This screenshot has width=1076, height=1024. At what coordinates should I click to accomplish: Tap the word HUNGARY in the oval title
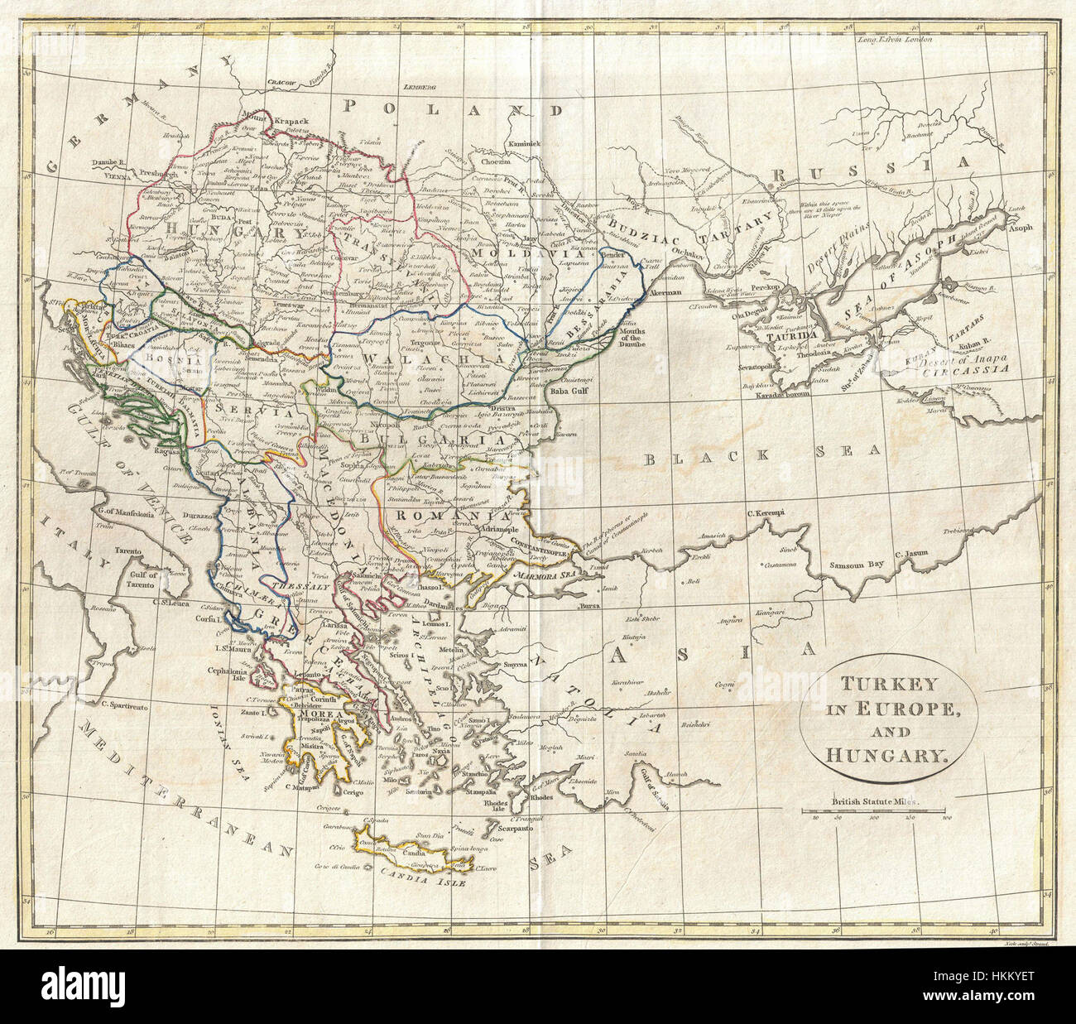click(x=883, y=754)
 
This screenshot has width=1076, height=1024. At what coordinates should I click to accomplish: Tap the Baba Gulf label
click(x=573, y=382)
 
